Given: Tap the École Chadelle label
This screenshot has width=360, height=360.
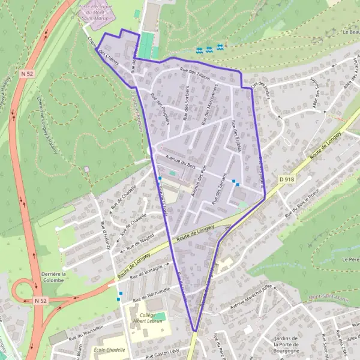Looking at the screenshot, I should pyautogui.click(x=110, y=349).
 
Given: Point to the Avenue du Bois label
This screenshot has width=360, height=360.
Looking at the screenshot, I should pyautogui.click(x=181, y=163).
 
